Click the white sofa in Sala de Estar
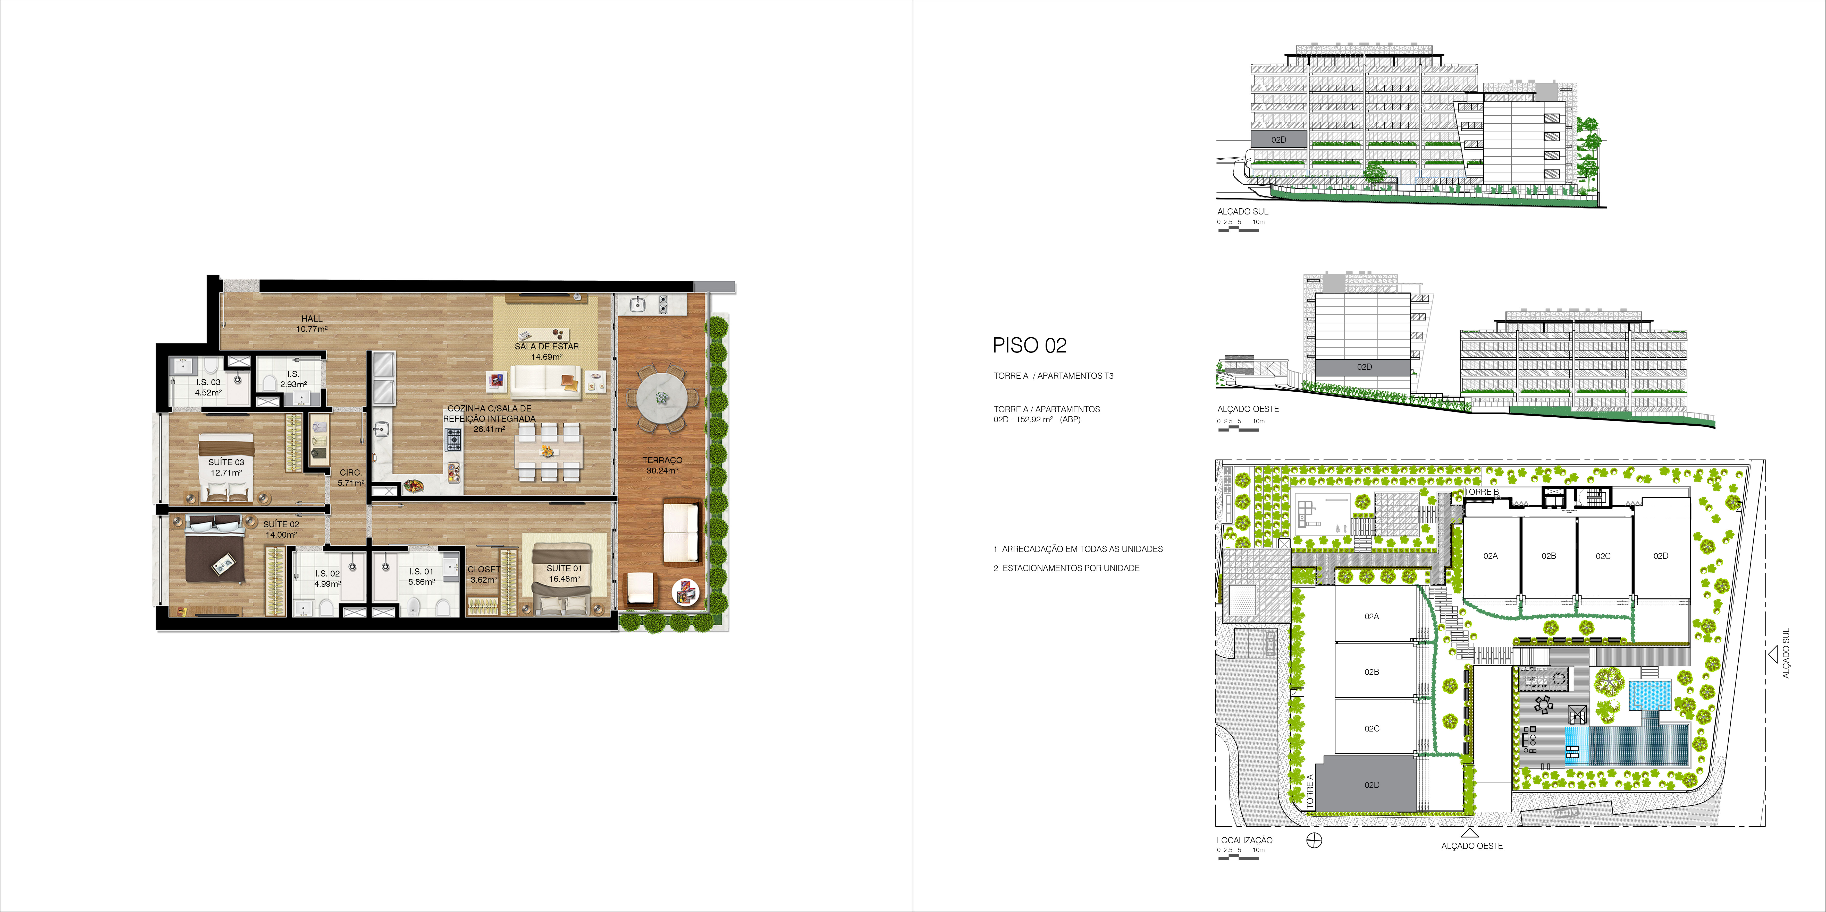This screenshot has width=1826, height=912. click(x=546, y=383)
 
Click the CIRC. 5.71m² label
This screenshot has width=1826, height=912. click(x=351, y=478)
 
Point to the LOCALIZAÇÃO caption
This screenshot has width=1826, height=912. click(x=1245, y=840)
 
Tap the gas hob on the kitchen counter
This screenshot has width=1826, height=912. click(x=453, y=439)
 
